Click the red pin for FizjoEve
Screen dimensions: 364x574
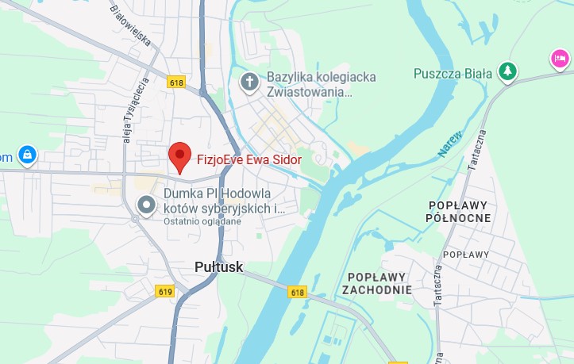tap(180, 155)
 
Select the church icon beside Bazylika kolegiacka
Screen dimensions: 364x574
tap(249, 82)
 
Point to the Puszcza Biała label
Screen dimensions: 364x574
tap(453, 74)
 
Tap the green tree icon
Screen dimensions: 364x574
tap(507, 72)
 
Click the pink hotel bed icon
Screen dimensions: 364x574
tap(561, 59)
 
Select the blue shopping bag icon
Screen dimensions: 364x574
tap(27, 154)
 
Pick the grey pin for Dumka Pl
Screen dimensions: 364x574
tap(146, 205)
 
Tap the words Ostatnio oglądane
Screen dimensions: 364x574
tap(202, 221)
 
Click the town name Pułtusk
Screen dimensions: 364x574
tap(218, 268)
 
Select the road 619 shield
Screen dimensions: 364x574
tap(165, 292)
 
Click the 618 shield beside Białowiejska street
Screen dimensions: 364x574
tap(175, 81)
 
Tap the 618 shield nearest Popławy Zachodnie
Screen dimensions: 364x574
tap(297, 293)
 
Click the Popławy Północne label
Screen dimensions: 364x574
tap(457, 212)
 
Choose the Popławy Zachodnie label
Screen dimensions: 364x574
tap(377, 283)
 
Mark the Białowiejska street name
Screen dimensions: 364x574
tap(132, 32)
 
